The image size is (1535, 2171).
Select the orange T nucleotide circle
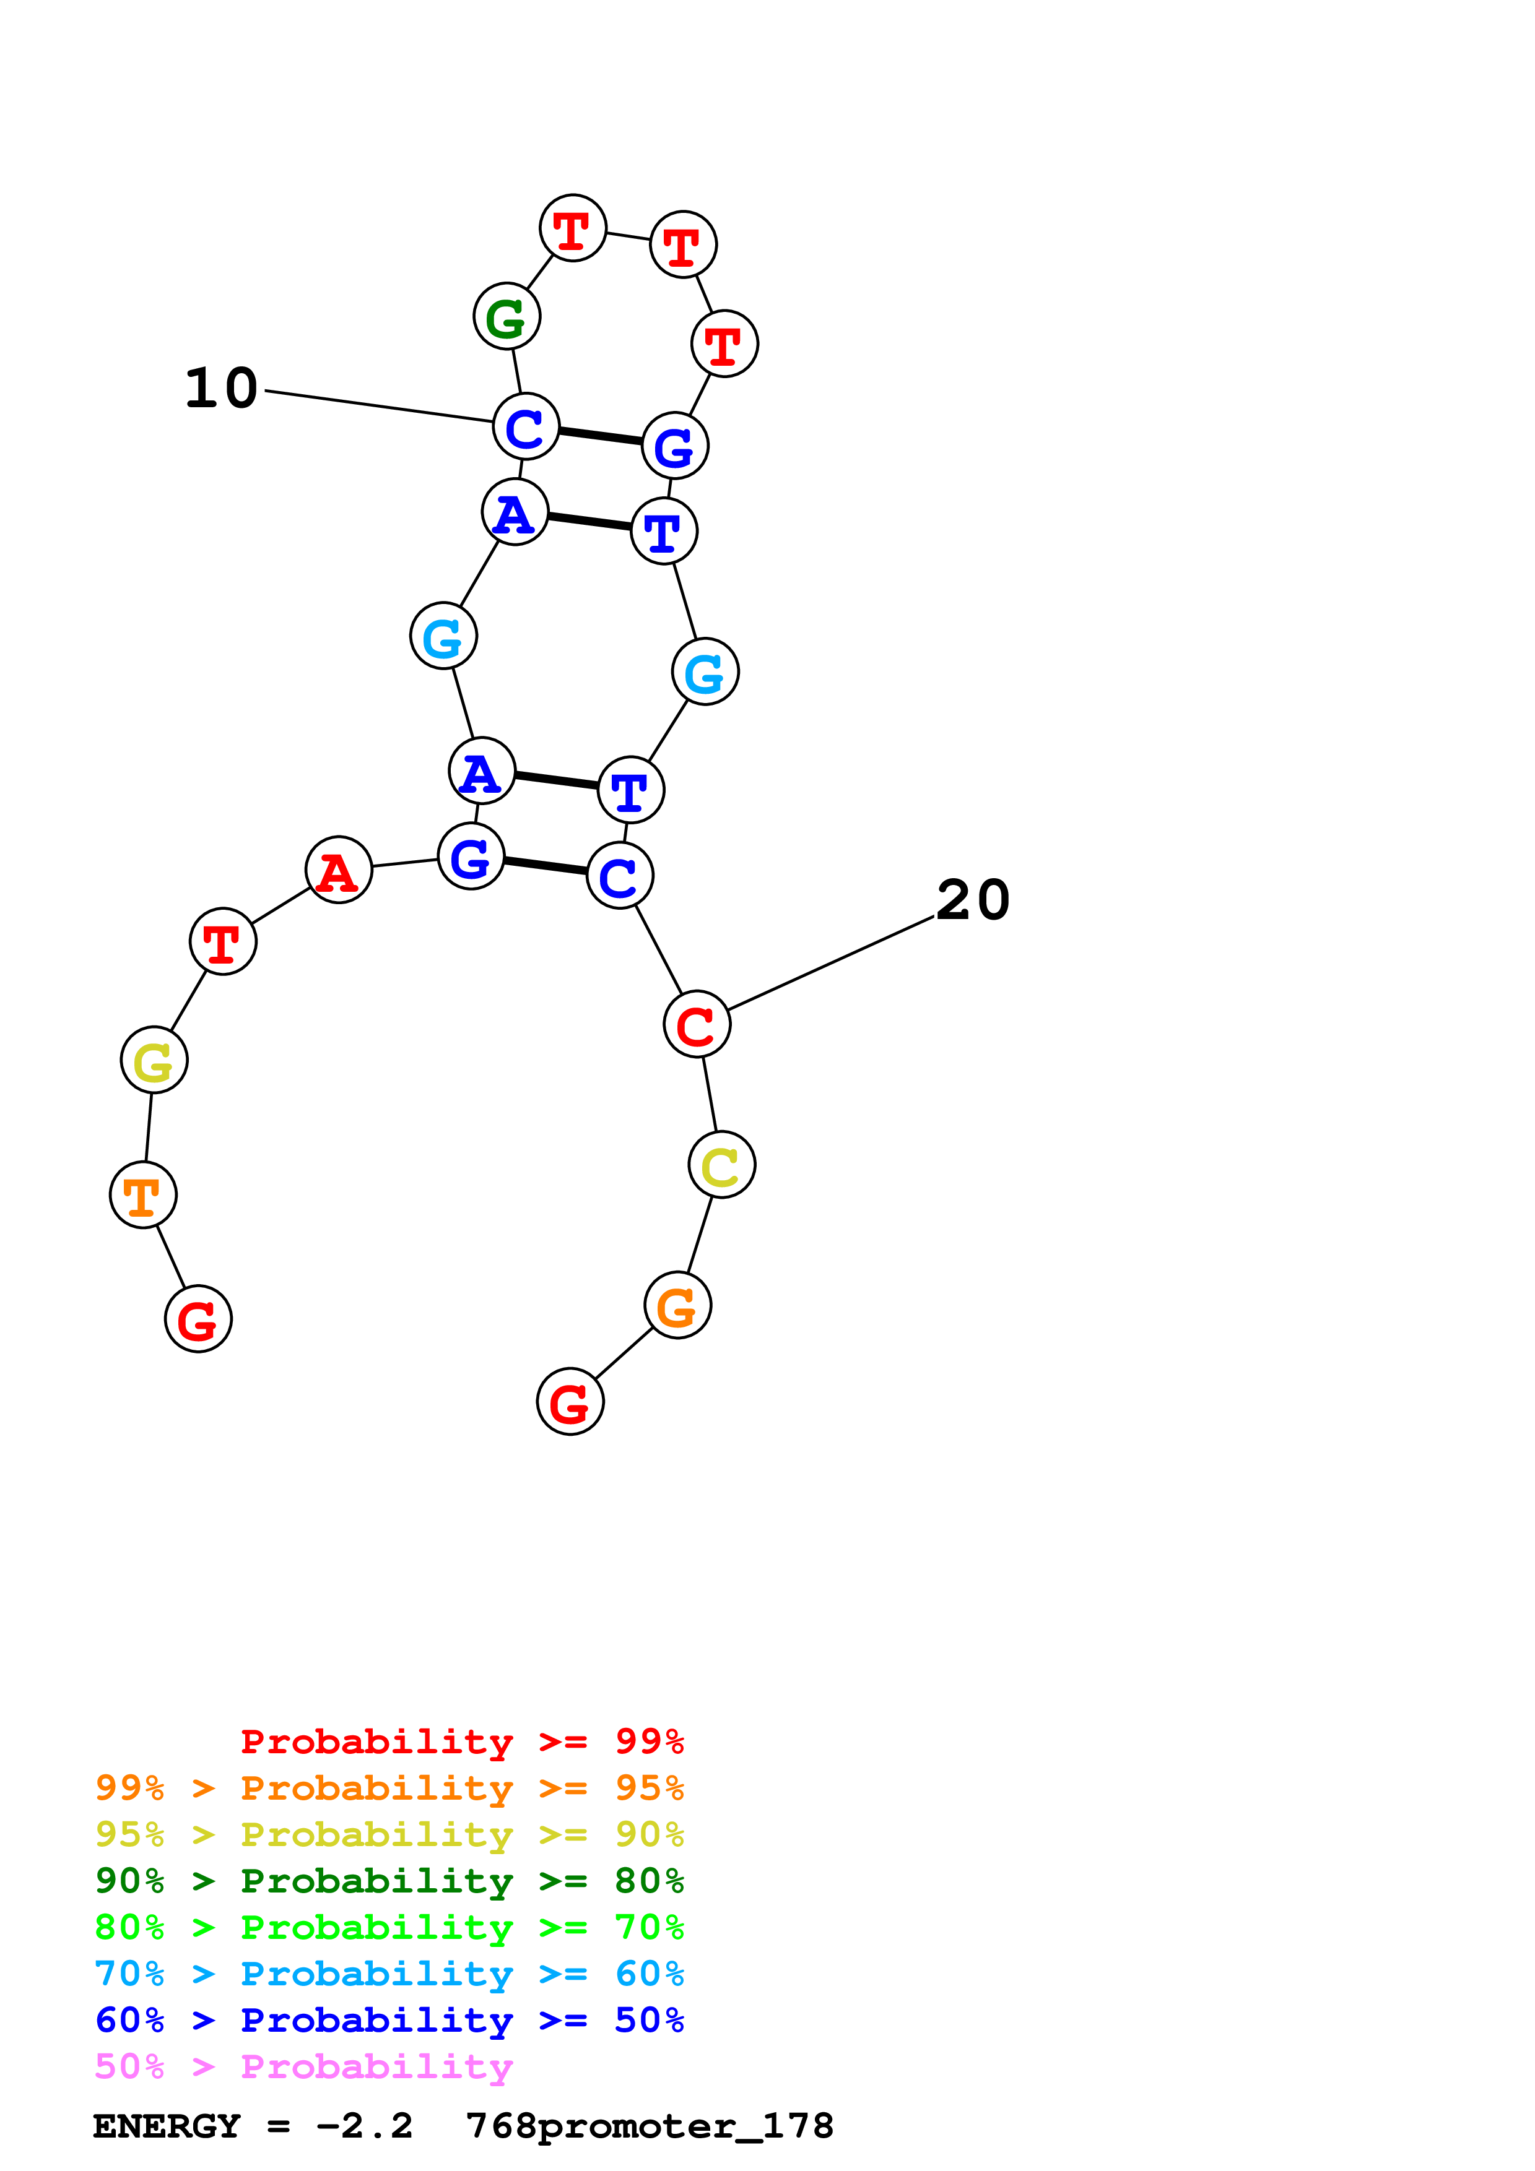143,1195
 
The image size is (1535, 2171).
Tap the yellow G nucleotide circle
154,1060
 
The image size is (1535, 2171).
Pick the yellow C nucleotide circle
721,1165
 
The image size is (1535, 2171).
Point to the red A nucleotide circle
339,870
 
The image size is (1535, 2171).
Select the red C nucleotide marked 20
697,1024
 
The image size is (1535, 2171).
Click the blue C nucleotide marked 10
526,426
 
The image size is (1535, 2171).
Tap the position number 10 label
221,387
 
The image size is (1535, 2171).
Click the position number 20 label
973,899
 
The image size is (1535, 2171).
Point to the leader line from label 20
830,964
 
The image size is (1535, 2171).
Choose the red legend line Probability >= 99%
461,1742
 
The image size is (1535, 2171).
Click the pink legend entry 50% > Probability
303,2067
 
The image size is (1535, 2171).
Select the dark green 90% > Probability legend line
389,1881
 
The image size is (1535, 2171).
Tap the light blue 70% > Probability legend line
389,1974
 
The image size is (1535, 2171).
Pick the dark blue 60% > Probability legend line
389,2020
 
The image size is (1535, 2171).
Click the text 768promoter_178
650,2126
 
